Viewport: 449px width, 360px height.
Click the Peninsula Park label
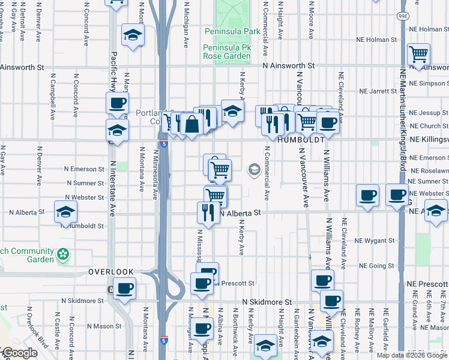point(232,31)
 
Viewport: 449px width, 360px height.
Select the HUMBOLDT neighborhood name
point(301,139)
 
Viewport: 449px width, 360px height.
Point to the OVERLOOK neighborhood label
point(111,272)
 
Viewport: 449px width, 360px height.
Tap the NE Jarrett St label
point(378,92)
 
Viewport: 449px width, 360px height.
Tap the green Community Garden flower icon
point(63,255)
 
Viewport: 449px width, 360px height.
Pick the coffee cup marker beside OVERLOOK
point(124,289)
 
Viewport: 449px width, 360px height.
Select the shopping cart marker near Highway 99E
point(418,55)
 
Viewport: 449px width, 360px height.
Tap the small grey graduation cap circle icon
point(253,171)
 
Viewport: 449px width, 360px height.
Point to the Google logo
point(20,353)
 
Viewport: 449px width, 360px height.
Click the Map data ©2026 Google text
point(412,355)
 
